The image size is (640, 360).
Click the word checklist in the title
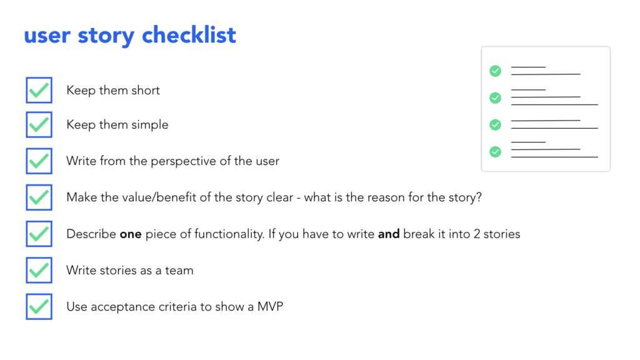tap(189, 35)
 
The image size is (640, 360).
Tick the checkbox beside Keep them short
tap(39, 90)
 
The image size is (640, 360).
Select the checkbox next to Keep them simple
tap(39, 124)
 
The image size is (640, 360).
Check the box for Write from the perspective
tap(39, 161)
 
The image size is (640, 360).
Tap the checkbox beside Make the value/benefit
tap(39, 197)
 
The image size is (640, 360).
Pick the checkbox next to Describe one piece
tap(39, 234)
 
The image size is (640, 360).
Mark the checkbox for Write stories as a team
tap(39, 270)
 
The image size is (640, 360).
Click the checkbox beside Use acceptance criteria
tap(39, 307)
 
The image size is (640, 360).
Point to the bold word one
tap(131, 234)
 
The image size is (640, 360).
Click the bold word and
tap(389, 234)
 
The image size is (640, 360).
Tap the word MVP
tap(270, 307)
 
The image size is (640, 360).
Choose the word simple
tap(149, 125)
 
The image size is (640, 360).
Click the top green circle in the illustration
tap(495, 71)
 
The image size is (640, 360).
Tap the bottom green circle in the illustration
tap(495, 151)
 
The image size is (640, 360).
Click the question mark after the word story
tap(478, 197)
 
